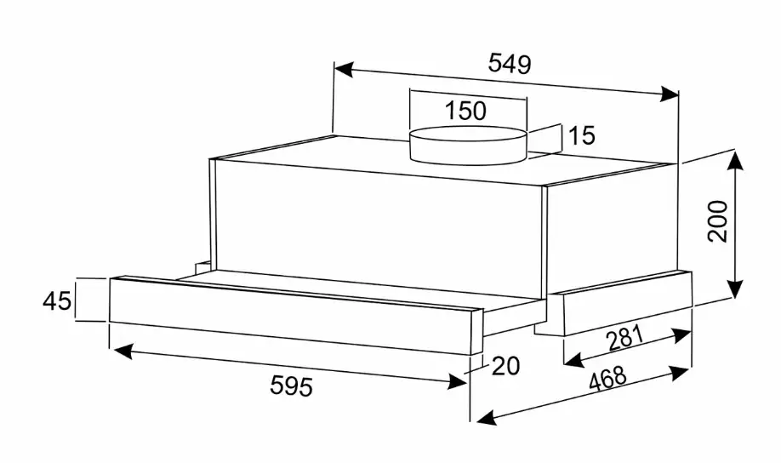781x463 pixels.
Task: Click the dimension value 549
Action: pyautogui.click(x=510, y=63)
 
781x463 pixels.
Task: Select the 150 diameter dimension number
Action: pyautogui.click(x=465, y=111)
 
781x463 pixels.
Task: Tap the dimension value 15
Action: pyautogui.click(x=581, y=135)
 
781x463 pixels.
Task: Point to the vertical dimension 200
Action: pyautogui.click(x=718, y=221)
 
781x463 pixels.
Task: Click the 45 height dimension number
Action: pyautogui.click(x=57, y=301)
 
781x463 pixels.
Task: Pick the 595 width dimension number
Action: pyautogui.click(x=291, y=386)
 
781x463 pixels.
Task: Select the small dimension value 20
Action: pyautogui.click(x=506, y=366)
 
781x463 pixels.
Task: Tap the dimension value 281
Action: pyautogui.click(x=625, y=339)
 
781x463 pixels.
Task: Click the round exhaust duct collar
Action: pyautogui.click(x=468, y=145)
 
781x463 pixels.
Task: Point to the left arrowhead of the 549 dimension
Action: pyautogui.click(x=345, y=70)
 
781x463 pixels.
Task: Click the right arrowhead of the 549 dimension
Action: pyautogui.click(x=669, y=94)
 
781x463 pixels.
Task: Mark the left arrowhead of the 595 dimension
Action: pyautogui.click(x=123, y=351)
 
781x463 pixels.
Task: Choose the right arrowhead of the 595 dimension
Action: pyautogui.click(x=457, y=382)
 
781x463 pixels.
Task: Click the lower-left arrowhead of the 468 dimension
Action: pyautogui.click(x=487, y=418)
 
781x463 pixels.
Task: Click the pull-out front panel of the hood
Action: pyautogui.click(x=295, y=314)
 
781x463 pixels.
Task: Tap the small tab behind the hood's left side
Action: pyautogui.click(x=202, y=267)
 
